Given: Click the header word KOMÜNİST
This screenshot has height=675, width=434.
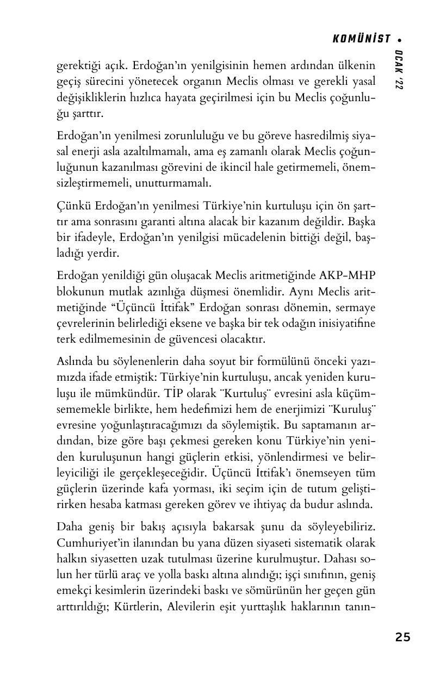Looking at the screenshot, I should tap(361, 39).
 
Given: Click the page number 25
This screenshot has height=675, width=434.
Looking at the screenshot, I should tap(403, 637).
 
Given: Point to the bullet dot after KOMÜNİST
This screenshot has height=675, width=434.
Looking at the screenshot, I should tap(400, 39).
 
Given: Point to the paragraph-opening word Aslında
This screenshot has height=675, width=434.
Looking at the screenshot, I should tap(75, 361).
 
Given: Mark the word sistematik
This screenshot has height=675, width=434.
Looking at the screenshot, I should tap(309, 543).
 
